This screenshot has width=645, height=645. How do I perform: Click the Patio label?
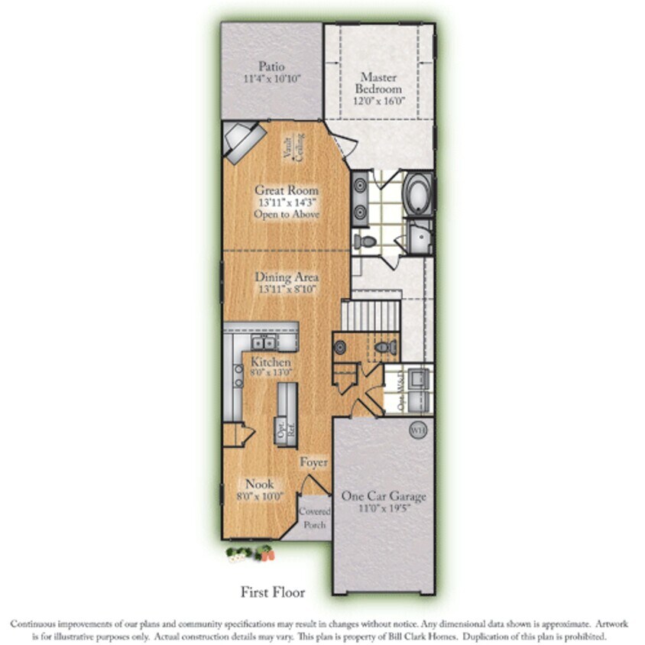271,66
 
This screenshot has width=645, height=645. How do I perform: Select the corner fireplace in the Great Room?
244,142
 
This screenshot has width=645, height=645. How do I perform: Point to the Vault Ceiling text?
294,147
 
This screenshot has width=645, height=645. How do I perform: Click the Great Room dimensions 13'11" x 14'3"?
287,203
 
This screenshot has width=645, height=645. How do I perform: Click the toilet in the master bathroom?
366,241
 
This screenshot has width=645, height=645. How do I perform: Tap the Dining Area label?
287,277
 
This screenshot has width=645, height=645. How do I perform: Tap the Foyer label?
313,462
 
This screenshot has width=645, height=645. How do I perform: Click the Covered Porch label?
313,517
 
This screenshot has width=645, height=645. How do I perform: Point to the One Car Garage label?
384,496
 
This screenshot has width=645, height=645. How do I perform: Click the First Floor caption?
273,592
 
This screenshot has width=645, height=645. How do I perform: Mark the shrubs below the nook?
249,553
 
